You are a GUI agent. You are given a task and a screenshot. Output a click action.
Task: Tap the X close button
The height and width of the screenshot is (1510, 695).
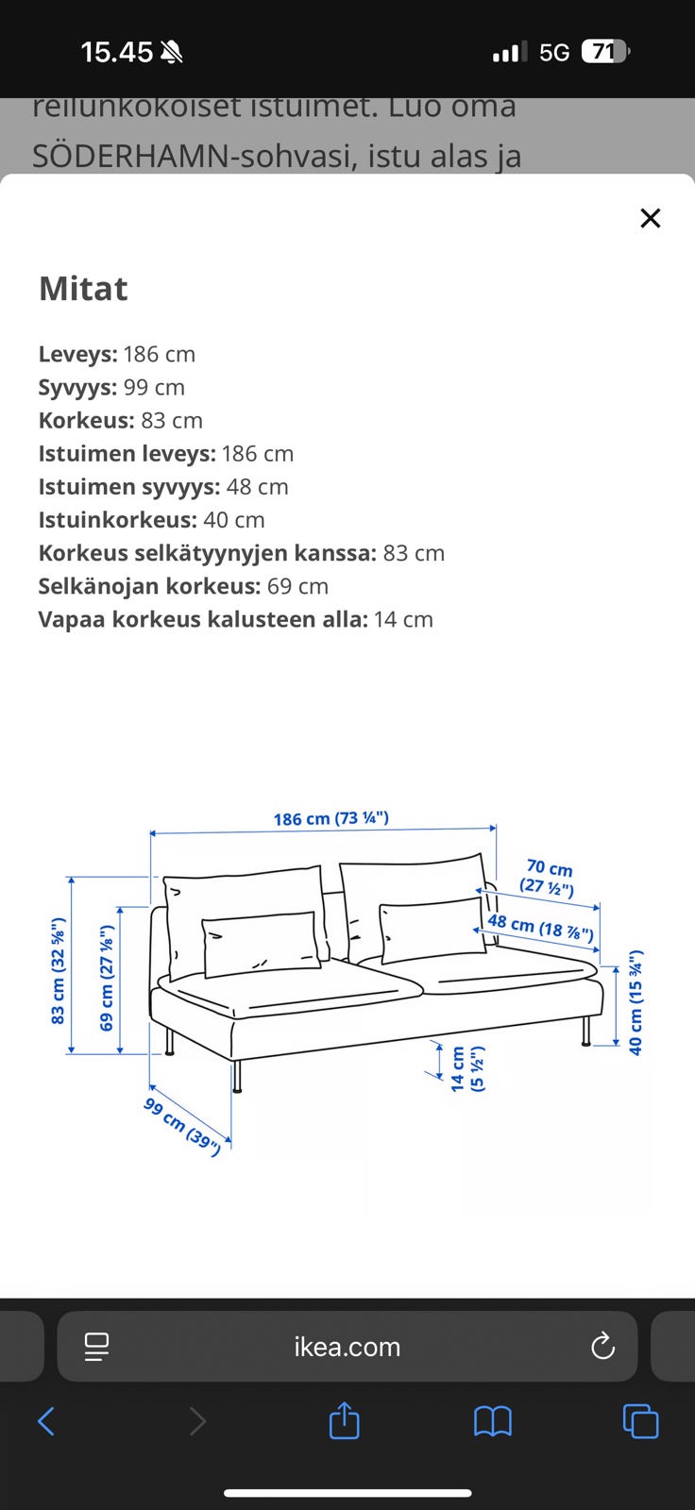pyautogui.click(x=650, y=218)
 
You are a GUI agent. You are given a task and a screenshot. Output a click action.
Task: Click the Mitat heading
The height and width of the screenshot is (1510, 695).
pyautogui.click(x=83, y=289)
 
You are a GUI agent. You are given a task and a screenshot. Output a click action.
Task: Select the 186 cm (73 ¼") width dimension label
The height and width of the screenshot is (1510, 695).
pyautogui.click(x=331, y=818)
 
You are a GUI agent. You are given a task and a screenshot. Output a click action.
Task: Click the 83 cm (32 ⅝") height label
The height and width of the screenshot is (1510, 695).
pyautogui.click(x=58, y=970)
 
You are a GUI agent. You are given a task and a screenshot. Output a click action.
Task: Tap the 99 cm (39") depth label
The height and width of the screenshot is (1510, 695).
pyautogui.click(x=182, y=1126)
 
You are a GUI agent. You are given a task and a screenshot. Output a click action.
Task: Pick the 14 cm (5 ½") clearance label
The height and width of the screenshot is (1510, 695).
pyautogui.click(x=466, y=1068)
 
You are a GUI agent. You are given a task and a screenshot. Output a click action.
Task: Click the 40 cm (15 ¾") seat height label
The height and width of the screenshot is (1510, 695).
pyautogui.click(x=636, y=1002)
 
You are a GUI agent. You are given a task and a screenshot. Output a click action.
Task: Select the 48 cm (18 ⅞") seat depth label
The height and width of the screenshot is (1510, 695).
pyautogui.click(x=540, y=928)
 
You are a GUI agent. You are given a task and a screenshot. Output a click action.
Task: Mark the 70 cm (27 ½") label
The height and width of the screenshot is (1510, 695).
pyautogui.click(x=548, y=878)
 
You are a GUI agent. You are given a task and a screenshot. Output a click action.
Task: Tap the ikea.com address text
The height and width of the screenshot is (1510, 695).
pyautogui.click(x=347, y=1347)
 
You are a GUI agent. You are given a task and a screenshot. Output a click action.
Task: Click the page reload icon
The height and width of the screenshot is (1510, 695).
pyautogui.click(x=602, y=1347)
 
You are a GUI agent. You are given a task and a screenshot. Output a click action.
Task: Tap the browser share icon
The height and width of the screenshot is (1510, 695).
pyautogui.click(x=344, y=1420)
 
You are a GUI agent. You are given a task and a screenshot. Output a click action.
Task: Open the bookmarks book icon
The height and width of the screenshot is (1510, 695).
pyautogui.click(x=492, y=1420)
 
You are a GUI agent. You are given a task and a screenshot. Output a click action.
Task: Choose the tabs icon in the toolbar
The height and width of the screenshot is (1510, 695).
pyautogui.click(x=640, y=1420)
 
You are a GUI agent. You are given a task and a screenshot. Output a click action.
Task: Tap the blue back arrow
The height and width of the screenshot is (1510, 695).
pyautogui.click(x=45, y=1420)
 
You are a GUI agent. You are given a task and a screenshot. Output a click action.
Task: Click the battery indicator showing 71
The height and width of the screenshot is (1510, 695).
pyautogui.click(x=604, y=52)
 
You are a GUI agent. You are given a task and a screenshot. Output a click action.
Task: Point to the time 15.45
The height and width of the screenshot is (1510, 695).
pyautogui.click(x=116, y=52)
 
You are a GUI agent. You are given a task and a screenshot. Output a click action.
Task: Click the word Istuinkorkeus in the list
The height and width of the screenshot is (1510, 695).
pyautogui.click(x=117, y=520)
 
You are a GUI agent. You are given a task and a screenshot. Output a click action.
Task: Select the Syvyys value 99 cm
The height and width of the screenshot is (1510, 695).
pyautogui.click(x=154, y=388)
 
